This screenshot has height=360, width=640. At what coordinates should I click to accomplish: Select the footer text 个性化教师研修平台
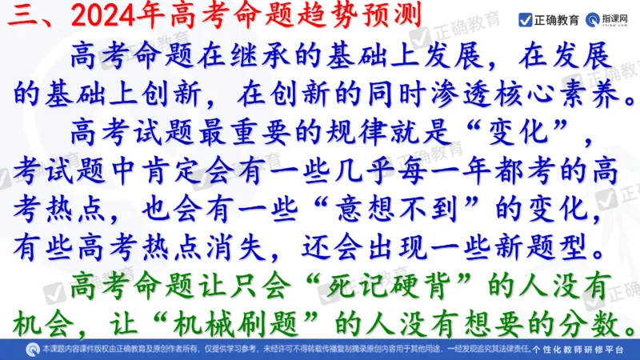coord(587,350)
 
